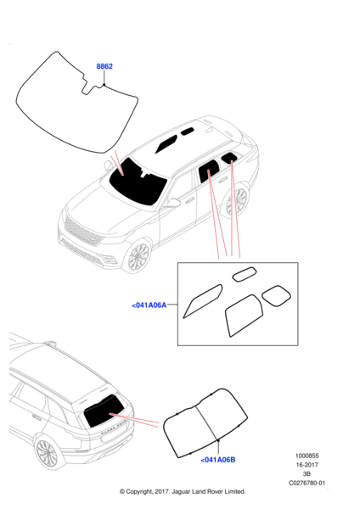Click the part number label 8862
point(104,66)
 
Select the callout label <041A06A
point(149,305)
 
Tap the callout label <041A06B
point(218,460)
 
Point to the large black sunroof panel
point(166,144)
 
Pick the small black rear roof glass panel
point(188,131)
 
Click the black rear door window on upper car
point(208,171)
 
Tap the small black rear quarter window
point(229,157)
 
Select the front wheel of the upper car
point(138,256)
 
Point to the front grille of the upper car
point(83,232)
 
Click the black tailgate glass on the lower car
point(104,411)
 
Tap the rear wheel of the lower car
point(47,453)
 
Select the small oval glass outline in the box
point(245,274)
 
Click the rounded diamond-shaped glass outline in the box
point(276,296)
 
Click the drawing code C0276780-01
point(307,483)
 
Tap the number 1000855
point(307,456)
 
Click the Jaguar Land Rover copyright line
point(183,491)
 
